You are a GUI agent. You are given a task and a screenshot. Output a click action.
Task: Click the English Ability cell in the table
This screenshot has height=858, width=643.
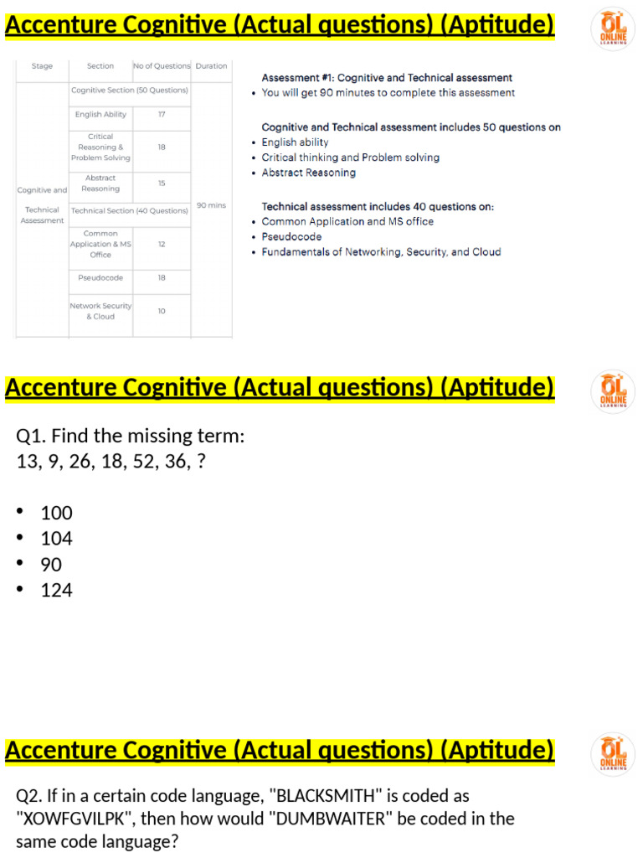coord(100,115)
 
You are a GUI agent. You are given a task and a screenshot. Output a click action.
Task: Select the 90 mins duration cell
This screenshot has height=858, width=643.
coord(211,205)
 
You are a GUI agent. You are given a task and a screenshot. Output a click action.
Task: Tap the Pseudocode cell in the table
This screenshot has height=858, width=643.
coord(100,278)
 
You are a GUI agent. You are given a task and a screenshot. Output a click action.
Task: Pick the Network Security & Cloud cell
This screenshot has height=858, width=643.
coord(100,311)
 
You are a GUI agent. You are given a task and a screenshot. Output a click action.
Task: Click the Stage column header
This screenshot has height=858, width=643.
coord(42,66)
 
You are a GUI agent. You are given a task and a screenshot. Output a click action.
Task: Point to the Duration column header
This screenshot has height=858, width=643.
coord(211,66)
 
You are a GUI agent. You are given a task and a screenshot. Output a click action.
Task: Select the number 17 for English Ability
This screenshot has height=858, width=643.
coord(162,115)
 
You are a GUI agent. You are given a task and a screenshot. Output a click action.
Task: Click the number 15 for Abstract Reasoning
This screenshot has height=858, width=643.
coord(162,183)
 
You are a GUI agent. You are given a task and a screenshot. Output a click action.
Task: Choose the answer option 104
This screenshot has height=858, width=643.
coord(56,539)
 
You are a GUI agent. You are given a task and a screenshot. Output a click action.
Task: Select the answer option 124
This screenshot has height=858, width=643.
coord(56,591)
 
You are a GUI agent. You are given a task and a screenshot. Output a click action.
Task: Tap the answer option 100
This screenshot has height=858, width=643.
coord(56,513)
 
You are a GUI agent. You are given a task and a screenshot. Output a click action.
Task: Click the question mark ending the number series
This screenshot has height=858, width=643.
coord(200,462)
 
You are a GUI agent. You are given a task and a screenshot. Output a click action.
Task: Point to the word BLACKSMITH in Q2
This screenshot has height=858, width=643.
coord(330,795)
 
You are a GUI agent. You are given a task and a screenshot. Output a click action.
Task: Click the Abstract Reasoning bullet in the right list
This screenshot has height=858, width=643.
coord(308,173)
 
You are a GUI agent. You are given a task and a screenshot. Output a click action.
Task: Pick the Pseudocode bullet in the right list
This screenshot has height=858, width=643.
coord(291,237)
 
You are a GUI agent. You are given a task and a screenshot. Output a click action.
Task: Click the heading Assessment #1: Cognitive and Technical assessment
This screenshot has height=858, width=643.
coord(387,78)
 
